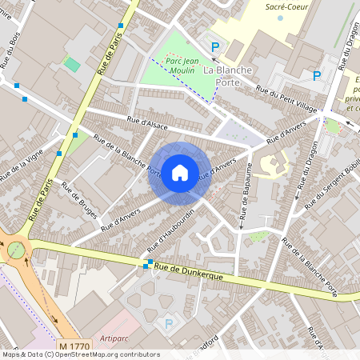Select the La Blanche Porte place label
click(x=228, y=76)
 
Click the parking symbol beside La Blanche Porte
click(x=214, y=47)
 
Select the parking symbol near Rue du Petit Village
click(x=316, y=76)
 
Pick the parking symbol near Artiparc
click(x=168, y=323)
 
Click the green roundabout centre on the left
click(x=16, y=250)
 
